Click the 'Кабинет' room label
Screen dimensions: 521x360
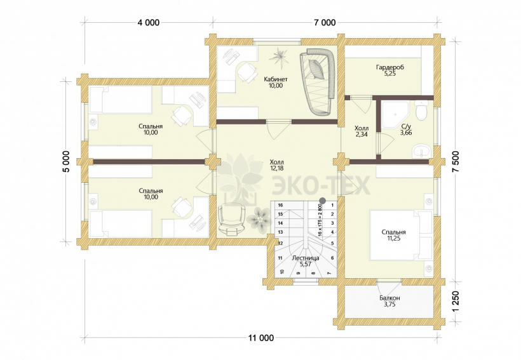click(276, 79)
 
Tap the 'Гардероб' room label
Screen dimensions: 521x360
click(390, 67)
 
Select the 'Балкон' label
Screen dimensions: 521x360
click(389, 298)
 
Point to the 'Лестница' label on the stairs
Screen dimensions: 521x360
click(306, 258)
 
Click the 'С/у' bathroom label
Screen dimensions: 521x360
click(406, 126)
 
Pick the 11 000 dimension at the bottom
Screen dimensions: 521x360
click(261, 338)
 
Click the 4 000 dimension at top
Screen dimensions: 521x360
click(148, 23)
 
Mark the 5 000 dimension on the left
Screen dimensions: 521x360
click(66, 161)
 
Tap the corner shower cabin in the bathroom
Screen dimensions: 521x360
click(394, 114)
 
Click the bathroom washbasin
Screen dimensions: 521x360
click(421, 151)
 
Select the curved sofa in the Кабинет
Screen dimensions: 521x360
click(318, 82)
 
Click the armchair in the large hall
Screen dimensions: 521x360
click(231, 219)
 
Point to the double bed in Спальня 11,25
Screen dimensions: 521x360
click(401, 235)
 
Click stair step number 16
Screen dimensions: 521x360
click(280, 205)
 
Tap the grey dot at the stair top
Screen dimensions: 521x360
click(322, 200)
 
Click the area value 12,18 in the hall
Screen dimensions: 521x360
click(277, 168)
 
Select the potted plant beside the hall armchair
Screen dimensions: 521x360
click(259, 218)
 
